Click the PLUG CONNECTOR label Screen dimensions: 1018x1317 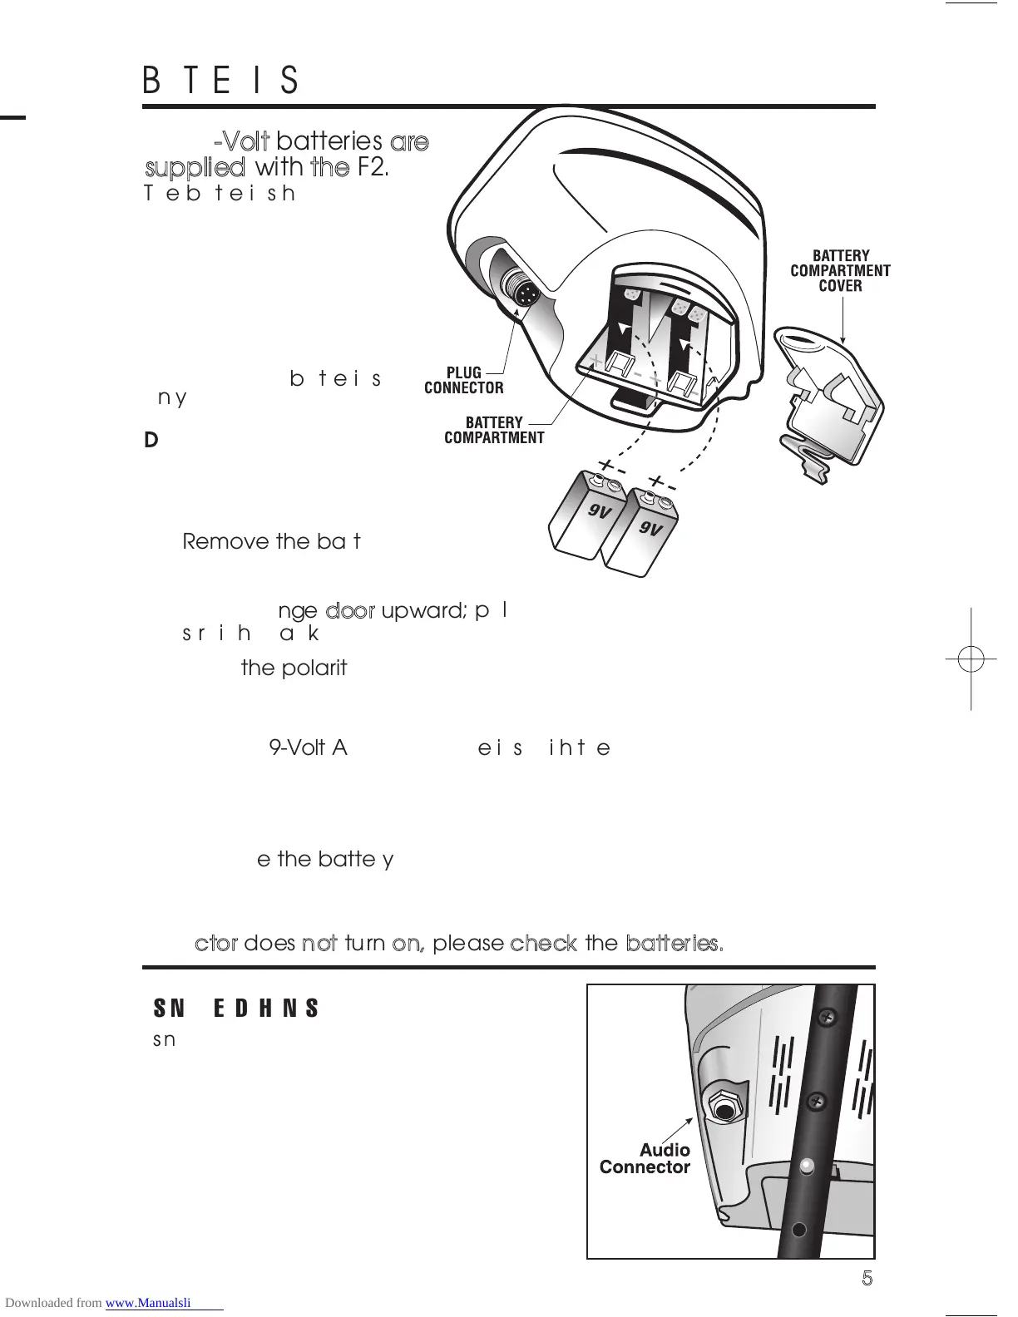(x=463, y=380)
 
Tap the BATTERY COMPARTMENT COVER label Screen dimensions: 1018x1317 (x=840, y=270)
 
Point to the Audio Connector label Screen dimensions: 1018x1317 (x=645, y=1158)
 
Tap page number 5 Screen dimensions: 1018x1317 (x=867, y=1279)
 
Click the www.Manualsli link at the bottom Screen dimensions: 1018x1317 (x=164, y=1303)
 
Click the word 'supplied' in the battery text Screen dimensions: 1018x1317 (x=195, y=167)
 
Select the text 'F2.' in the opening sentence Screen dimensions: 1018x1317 (x=373, y=167)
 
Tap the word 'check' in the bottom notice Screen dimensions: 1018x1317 (x=543, y=943)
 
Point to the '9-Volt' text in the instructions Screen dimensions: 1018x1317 (x=297, y=747)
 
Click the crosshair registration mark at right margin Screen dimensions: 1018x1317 (x=971, y=659)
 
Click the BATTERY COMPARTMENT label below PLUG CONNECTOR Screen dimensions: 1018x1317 (x=494, y=430)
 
